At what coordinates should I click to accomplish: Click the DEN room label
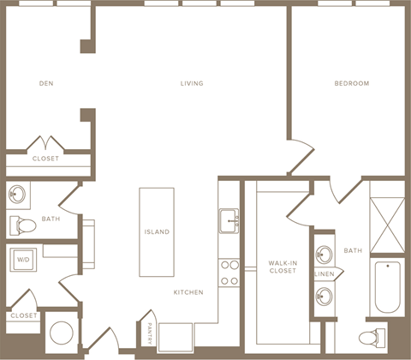coord(47,83)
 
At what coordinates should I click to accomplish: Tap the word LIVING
coord(192,83)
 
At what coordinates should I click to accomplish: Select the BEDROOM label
coord(351,83)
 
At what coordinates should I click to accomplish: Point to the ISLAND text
coord(157,232)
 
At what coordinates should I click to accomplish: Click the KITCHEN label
coord(188,292)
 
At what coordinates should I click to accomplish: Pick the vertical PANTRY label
coord(151,332)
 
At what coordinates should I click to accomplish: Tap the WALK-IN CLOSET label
coord(282,266)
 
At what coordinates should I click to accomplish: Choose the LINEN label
coord(324,274)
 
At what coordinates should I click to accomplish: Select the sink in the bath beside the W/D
coord(17,194)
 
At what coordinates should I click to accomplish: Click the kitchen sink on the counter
coord(229,220)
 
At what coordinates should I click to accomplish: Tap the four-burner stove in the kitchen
coord(229,273)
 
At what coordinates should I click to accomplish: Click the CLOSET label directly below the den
coord(45,159)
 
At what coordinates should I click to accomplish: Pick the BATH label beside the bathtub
coord(353,250)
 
